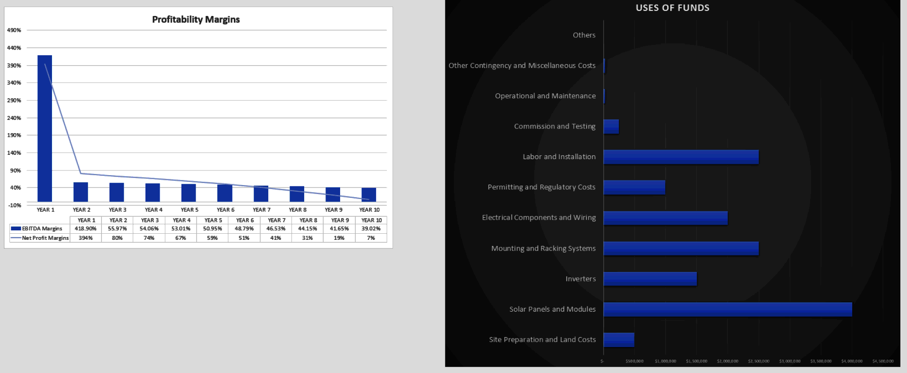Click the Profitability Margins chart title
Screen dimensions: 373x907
196,19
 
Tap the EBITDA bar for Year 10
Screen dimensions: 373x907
368,195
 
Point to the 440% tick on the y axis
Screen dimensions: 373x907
14,48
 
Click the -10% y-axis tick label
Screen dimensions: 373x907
15,205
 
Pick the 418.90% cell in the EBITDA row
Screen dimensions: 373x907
86,229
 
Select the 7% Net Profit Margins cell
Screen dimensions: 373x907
371,238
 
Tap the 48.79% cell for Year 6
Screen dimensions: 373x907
244,229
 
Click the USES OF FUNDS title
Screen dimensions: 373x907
672,8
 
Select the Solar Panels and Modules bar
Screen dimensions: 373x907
727,309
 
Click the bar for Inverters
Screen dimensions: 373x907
650,279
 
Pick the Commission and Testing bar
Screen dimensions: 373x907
611,127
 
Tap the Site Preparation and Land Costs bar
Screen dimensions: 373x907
619,339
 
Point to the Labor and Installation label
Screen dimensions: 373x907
559,157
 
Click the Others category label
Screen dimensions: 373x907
584,35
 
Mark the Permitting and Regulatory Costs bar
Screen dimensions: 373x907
634,187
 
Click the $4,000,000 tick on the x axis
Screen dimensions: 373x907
852,361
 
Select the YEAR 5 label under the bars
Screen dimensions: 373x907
189,210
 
